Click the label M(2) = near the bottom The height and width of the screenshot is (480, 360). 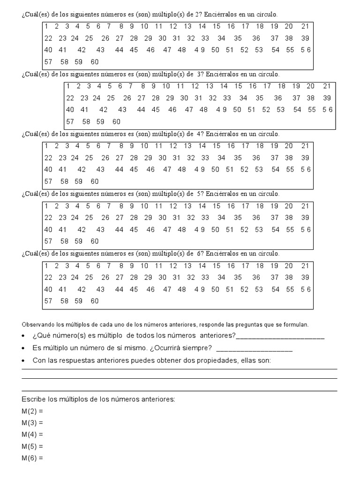32,411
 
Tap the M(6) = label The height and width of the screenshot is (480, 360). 32,457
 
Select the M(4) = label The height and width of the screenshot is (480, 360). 32,435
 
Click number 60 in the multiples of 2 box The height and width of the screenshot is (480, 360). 95,62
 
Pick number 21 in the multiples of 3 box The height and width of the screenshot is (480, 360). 327,86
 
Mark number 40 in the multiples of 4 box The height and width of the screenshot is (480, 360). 48,170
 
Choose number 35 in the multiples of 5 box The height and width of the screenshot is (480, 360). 238,217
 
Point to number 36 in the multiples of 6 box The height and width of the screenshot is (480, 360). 256,277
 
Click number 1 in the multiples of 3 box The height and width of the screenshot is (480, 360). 68,86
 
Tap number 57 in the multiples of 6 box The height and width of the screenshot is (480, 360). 48,301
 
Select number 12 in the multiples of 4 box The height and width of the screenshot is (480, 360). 173,146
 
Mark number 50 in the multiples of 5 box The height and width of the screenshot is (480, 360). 215,230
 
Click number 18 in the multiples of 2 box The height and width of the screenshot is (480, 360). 260,27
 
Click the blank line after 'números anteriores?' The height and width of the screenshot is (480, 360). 280,336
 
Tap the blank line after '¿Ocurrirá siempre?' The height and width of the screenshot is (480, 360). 255,348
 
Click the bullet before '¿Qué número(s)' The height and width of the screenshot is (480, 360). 24,336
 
